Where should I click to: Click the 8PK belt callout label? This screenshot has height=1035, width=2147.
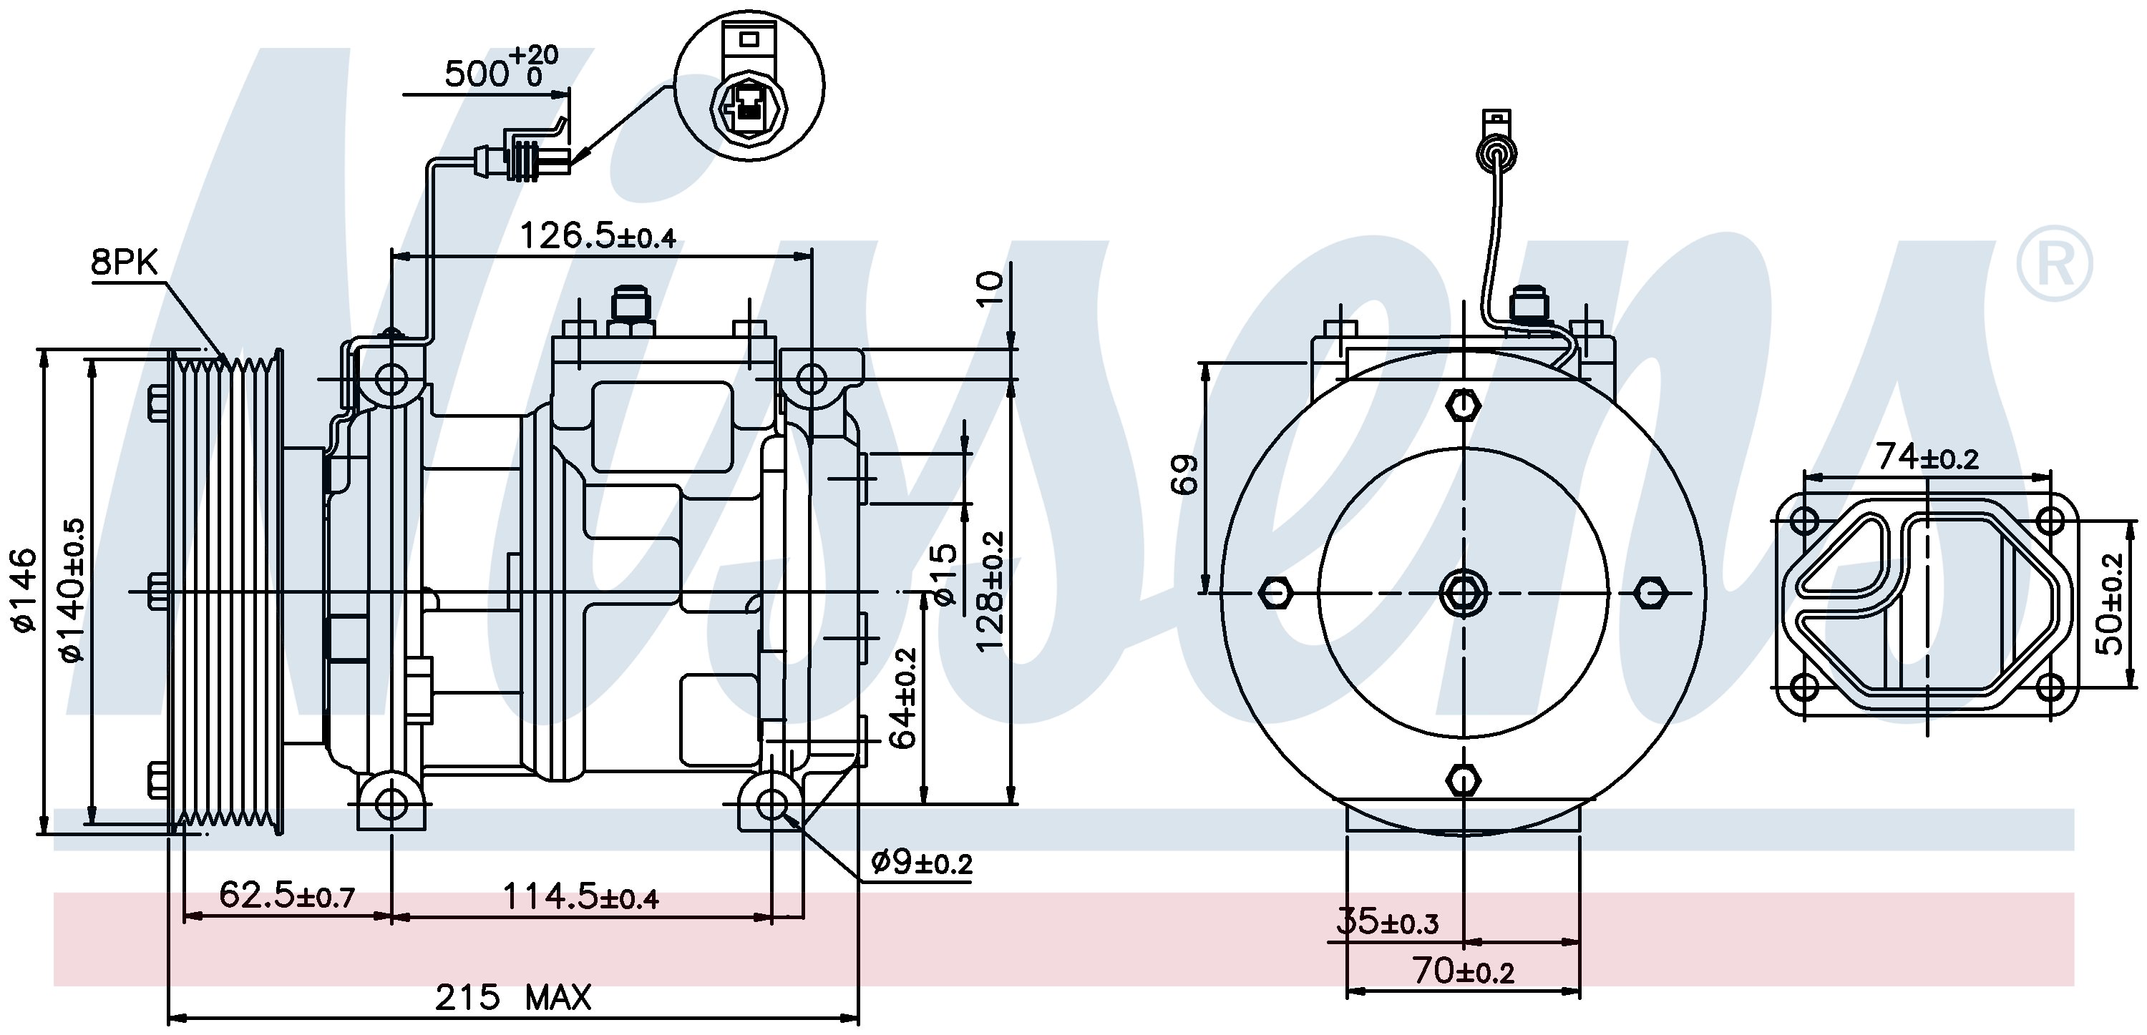tap(125, 263)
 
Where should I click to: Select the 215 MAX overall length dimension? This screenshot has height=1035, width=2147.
tap(512, 996)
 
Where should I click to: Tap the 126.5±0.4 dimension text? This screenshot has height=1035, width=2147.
tap(598, 236)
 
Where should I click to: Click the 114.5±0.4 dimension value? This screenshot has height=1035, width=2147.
tap(580, 898)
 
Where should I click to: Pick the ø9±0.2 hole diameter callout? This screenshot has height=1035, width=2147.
tap(922, 863)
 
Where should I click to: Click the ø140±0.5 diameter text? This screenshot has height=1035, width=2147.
tap(72, 589)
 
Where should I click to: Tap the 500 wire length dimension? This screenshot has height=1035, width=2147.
tap(500, 71)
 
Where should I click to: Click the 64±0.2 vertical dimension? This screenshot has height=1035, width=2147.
tap(905, 698)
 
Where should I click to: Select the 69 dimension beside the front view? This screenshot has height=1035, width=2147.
tap(1184, 475)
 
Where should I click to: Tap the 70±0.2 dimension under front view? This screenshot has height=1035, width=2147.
tap(1463, 971)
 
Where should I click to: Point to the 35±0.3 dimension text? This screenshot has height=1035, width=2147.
tap(1388, 923)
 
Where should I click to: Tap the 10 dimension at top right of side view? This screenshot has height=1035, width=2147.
tap(990, 288)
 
